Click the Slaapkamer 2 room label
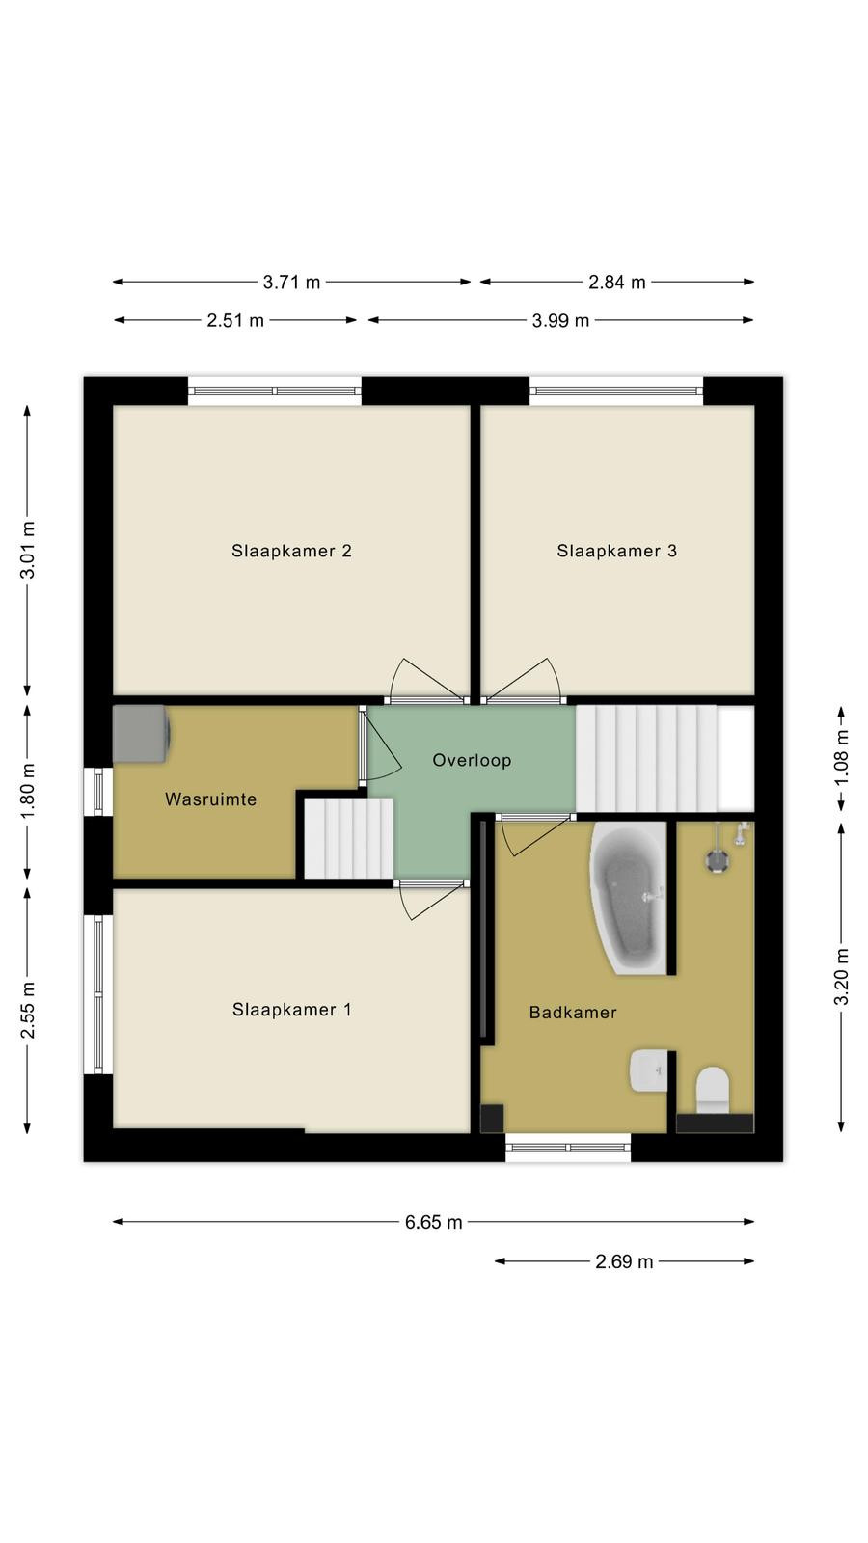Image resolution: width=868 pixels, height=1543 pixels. coord(291,551)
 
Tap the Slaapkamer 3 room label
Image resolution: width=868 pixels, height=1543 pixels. coord(616,551)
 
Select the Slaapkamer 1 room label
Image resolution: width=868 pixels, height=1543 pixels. coord(291,1009)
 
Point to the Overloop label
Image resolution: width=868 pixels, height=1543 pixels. coord(472,760)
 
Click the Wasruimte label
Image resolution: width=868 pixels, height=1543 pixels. coord(211,799)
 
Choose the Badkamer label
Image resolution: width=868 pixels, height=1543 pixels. coord(573,1012)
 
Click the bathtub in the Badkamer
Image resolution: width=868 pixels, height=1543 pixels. coord(628,899)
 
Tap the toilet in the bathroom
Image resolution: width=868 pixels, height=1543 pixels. coord(713,1090)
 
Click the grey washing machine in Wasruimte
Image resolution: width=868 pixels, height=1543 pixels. coord(141,734)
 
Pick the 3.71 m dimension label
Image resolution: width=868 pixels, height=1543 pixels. coord(291,282)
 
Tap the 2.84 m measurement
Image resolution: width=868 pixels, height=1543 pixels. coord(617,282)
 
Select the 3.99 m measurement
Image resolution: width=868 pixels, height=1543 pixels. coord(560,320)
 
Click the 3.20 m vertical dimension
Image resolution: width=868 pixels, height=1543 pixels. coord(841,977)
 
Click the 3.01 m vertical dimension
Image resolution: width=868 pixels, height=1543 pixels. coord(28,550)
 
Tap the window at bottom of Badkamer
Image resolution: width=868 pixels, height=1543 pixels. coord(568,1148)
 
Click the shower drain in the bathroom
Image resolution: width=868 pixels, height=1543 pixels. coord(717,860)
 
